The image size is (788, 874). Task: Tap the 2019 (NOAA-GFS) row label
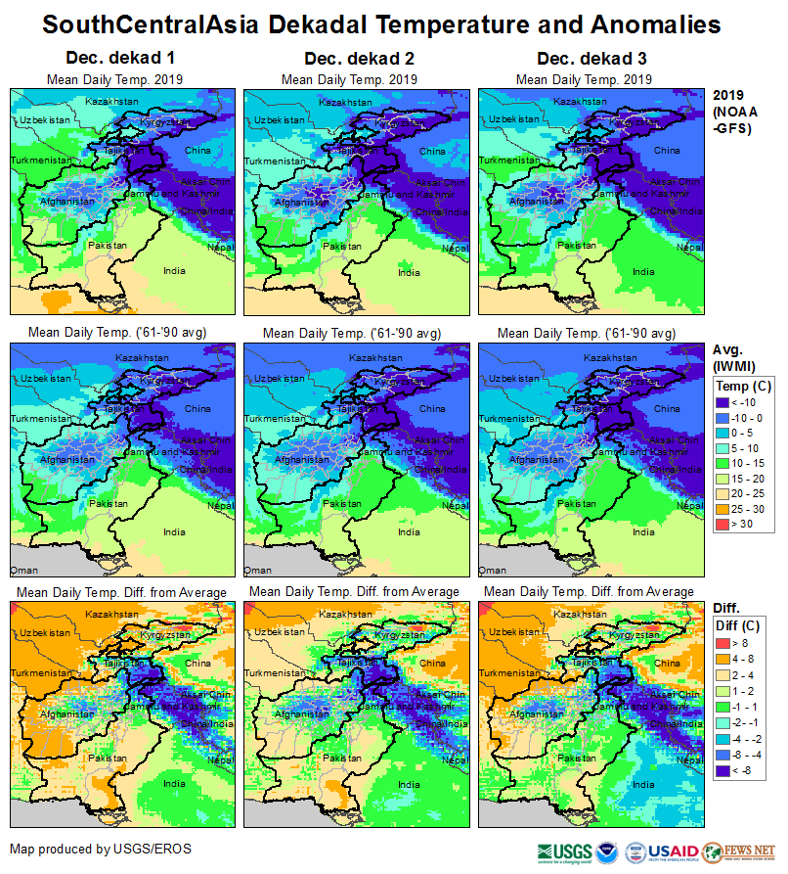coord(732,112)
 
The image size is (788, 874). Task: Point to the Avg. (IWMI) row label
coord(732,357)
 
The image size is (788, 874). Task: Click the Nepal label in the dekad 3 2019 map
coord(689,248)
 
